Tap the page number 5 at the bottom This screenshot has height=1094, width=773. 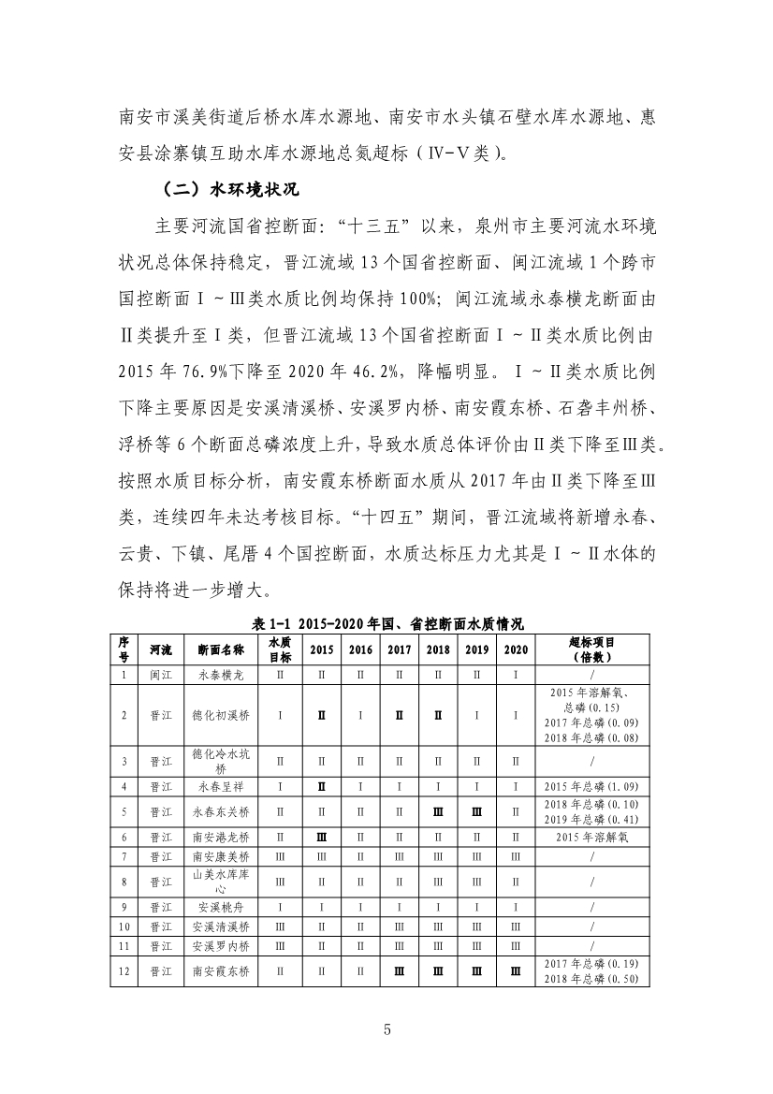click(386, 1030)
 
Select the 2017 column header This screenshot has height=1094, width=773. click(400, 649)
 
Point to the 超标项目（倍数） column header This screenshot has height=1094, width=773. click(591, 649)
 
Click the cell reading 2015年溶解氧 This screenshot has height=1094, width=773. click(591, 837)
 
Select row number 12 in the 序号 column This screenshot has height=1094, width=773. click(124, 971)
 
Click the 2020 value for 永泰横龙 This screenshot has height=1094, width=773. click(516, 674)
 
